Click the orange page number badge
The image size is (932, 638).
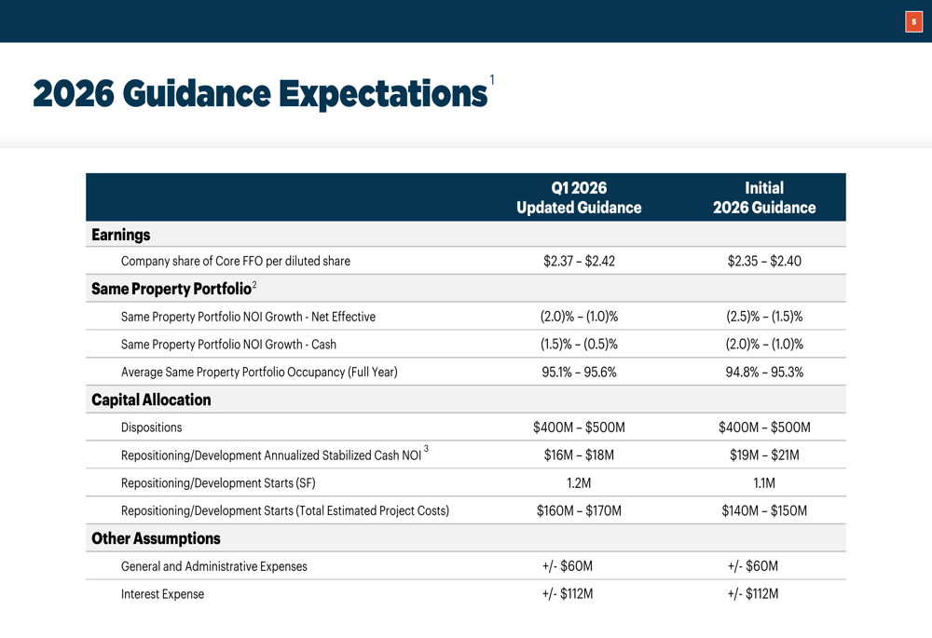913,21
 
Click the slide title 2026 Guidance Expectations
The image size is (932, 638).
260,94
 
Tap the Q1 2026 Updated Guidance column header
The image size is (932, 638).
579,197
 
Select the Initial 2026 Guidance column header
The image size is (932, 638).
764,197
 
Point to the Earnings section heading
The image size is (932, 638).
121,235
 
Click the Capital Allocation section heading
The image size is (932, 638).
151,400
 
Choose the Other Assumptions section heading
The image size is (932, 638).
156,538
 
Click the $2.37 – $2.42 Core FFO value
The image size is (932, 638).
579,261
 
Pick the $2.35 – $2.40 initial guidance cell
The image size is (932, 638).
764,261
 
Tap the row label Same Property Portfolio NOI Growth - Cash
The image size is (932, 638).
228,345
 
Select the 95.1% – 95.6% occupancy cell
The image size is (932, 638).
579,373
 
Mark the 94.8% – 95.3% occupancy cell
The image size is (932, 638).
764,373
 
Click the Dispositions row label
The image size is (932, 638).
152,428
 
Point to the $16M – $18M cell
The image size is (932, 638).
579,455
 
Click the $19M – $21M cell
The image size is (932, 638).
764,455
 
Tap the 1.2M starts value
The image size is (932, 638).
579,483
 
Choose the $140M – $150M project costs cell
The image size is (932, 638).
764,510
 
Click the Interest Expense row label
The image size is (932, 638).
162,594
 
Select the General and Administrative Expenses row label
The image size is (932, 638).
213,566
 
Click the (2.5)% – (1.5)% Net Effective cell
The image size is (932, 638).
764,317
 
